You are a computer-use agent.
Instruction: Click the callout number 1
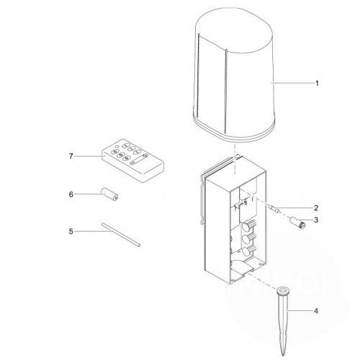coord(317,84)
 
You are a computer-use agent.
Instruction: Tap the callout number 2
coord(316,208)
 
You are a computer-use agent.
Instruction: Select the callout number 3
coord(316,220)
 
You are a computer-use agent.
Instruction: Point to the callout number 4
coord(316,311)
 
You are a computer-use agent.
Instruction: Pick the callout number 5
coord(71,231)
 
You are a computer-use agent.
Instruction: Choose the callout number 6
coord(71,194)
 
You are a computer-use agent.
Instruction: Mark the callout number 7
coord(71,156)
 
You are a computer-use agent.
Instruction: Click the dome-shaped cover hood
coord(234,74)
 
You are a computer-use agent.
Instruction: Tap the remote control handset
coord(133,161)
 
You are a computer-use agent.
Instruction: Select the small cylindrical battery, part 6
coord(109,194)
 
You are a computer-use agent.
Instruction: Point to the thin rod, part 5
coord(121,234)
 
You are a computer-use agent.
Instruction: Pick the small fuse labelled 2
coord(275,209)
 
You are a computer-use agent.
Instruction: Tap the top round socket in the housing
coord(246,226)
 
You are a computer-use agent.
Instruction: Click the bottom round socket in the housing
coord(246,252)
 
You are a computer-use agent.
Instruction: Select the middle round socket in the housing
coord(246,239)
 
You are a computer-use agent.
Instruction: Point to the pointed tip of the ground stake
coord(283,355)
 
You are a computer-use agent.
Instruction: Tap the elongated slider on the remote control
coord(138,159)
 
